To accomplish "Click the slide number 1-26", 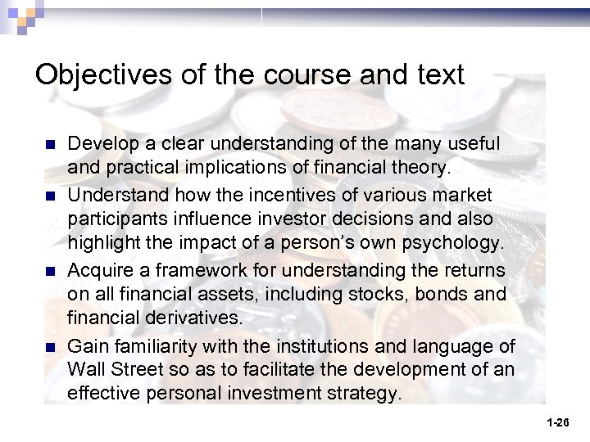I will [x=557, y=422].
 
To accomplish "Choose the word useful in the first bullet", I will [x=467, y=143].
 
